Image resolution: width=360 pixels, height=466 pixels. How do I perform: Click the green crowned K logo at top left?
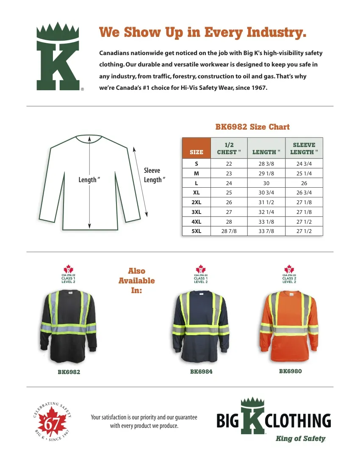click(58, 57)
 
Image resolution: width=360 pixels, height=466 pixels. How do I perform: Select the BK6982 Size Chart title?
click(252, 127)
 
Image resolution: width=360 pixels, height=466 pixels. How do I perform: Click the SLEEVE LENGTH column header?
click(304, 148)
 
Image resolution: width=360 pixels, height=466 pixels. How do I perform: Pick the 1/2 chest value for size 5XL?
click(229, 231)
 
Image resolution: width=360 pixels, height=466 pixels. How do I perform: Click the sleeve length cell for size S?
click(304, 164)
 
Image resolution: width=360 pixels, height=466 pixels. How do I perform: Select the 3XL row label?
click(196, 212)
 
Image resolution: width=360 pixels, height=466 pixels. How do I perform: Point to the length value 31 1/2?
click(266, 202)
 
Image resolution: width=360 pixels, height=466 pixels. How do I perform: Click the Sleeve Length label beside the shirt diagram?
click(152, 175)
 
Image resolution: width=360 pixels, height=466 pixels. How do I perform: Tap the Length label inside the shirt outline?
click(89, 180)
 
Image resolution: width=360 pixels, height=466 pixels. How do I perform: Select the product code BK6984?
click(201, 372)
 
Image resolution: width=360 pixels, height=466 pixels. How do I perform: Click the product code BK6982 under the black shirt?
click(69, 372)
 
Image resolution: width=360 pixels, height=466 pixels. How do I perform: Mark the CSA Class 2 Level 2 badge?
click(289, 274)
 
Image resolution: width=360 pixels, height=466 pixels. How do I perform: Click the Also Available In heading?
click(136, 280)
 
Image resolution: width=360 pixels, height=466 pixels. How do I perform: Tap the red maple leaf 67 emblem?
click(51, 421)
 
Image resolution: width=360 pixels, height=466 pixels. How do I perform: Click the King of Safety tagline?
click(300, 438)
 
